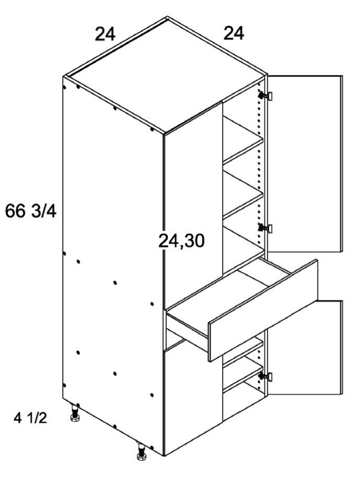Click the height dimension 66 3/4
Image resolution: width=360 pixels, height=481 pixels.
click(x=31, y=212)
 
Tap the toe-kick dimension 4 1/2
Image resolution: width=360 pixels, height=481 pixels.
click(x=30, y=418)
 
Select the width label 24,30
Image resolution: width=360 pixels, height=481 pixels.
click(x=181, y=241)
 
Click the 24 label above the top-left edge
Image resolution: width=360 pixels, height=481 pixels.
click(x=105, y=34)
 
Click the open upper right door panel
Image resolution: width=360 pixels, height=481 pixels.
click(x=305, y=164)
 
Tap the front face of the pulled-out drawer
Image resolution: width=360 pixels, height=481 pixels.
click(x=263, y=310)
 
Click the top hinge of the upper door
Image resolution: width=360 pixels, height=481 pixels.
click(x=266, y=96)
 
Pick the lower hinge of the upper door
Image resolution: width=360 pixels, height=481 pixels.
click(x=266, y=228)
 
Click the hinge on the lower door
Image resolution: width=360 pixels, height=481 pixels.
click(x=266, y=377)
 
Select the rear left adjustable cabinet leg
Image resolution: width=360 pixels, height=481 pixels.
click(x=74, y=413)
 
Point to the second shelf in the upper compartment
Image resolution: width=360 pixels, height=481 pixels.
click(x=243, y=194)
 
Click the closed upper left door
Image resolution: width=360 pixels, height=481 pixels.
click(x=193, y=206)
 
